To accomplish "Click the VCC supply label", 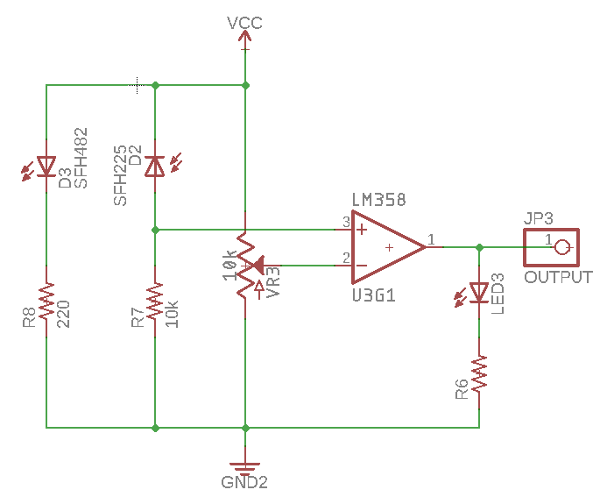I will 244,23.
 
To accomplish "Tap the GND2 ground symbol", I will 245,466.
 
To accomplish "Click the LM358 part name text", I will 378,200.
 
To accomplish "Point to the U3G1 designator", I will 374,296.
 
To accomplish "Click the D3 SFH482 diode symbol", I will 46,167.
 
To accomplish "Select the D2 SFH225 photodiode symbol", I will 155,166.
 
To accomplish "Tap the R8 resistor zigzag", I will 46,308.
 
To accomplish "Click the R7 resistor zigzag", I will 155,308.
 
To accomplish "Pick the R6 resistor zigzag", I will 479,374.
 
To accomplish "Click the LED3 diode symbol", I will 479,291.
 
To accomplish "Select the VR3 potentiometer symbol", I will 246,264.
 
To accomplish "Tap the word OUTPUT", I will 558,278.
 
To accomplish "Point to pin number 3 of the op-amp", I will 346,223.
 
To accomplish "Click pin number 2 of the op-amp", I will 346,258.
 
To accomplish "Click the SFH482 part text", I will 81,158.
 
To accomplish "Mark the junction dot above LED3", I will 479,247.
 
